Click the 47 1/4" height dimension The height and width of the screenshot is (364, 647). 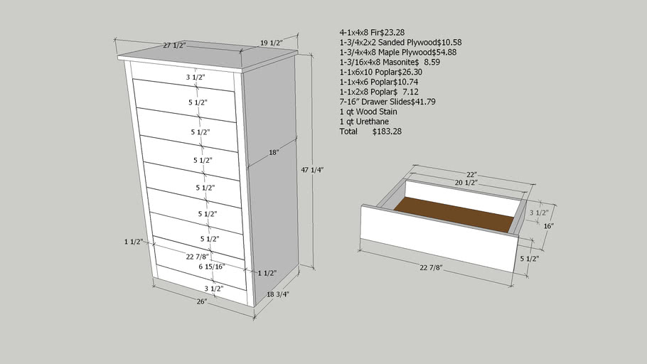pos(312,170)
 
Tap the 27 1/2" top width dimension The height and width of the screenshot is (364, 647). pos(174,45)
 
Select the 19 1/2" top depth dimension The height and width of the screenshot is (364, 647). pos(272,43)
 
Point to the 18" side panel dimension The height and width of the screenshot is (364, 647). pos(274,153)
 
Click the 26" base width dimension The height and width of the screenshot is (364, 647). pos(202,301)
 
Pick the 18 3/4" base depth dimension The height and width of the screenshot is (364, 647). pos(278,294)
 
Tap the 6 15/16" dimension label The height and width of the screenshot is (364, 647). pos(212,267)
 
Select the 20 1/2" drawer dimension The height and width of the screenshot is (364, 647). pos(466,183)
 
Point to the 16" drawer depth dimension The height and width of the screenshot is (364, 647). pos(548,226)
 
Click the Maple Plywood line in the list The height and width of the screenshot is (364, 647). pos(397,52)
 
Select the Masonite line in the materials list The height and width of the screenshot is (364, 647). pos(390,62)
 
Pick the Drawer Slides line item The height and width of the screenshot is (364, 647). pos(387,102)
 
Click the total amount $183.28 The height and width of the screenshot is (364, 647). pos(387,132)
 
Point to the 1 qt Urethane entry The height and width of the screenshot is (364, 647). pos(364,122)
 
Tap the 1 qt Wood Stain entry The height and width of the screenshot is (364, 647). pos(368,112)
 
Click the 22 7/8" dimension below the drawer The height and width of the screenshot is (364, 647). pos(431,268)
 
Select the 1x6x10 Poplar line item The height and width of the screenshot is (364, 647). pos(381,72)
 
